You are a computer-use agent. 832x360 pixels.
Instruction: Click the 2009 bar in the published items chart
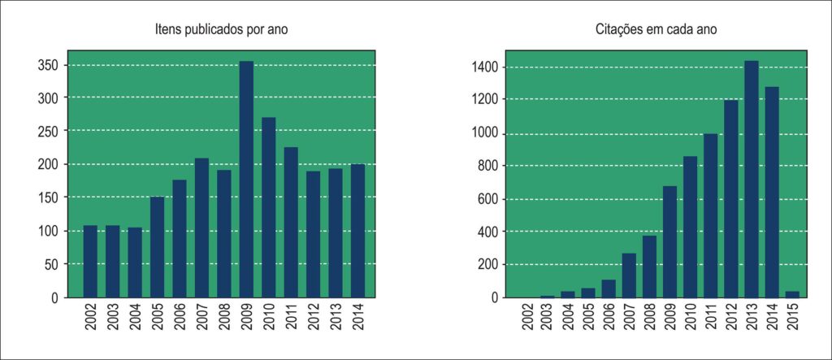246,180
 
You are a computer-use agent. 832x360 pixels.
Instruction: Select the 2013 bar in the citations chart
752,180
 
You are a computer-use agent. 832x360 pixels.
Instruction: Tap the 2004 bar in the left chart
135,262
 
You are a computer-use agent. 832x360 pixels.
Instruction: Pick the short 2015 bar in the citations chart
792,295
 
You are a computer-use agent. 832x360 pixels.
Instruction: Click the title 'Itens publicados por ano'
221,30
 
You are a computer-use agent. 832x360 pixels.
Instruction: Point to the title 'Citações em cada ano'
656,30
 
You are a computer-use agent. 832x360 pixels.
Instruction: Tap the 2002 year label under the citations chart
526,318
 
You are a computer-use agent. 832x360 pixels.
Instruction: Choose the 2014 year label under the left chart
358,318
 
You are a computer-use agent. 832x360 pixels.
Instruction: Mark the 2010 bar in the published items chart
268,207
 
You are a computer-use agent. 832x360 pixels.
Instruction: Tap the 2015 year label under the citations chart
793,318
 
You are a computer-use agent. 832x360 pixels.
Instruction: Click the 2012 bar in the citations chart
731,199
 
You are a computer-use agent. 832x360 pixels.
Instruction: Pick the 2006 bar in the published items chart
180,239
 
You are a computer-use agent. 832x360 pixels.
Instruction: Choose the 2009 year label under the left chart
247,318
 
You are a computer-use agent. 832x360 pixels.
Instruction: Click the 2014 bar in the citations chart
772,193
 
